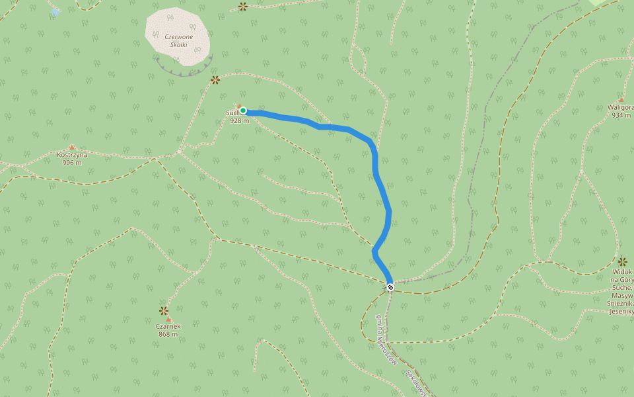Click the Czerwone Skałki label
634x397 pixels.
(178, 40)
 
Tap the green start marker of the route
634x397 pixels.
(243, 110)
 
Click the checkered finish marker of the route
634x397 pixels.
(390, 287)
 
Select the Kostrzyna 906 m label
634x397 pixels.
(73, 159)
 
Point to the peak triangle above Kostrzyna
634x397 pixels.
(72, 148)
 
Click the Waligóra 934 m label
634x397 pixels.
(621, 111)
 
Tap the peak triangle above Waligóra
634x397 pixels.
(621, 100)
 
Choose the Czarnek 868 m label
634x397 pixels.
(168, 330)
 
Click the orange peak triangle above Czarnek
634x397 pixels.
(168, 320)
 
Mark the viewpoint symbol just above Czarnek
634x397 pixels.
(164, 310)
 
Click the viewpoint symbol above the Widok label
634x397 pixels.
(622, 261)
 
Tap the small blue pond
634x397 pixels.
(55, 12)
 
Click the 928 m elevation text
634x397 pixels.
(240, 120)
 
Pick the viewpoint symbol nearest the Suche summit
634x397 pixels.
(215, 80)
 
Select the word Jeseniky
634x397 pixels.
(623, 312)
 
